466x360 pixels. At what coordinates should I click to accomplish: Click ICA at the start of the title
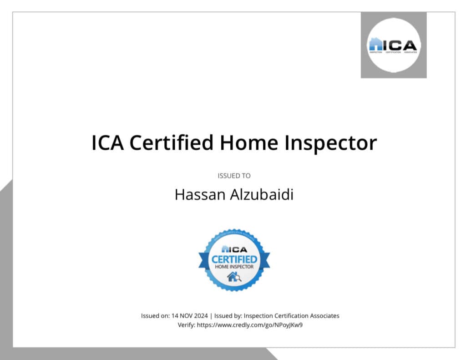pos(108,143)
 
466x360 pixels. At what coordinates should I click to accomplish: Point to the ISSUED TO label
pos(234,176)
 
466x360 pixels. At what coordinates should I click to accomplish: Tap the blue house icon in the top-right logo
pos(376,44)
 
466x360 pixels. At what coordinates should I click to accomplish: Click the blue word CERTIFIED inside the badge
pos(234,259)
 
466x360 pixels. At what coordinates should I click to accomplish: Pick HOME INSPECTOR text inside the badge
pos(234,267)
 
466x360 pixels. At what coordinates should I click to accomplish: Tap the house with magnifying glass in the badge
pos(234,277)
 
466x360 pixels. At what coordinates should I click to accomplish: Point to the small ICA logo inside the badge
pos(234,249)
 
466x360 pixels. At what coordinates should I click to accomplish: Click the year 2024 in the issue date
pos(200,316)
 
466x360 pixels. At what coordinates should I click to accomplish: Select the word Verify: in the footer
pos(186,325)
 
